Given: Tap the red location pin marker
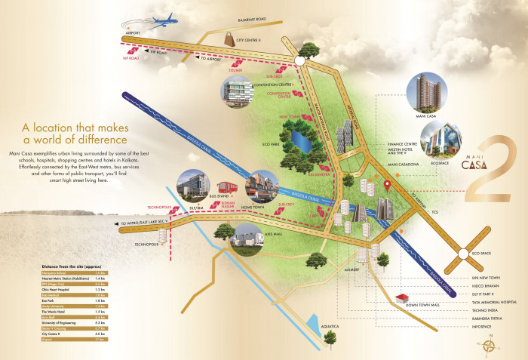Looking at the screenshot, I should (x=388, y=183).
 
